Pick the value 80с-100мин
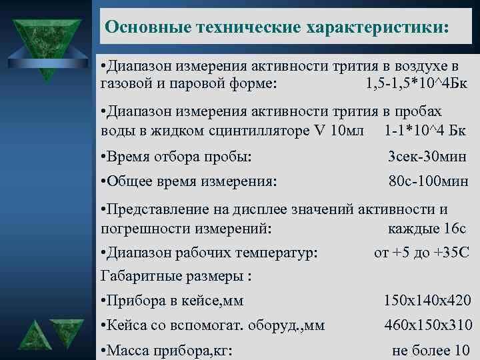(x=429, y=181)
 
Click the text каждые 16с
(x=427, y=228)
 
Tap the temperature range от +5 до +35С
(x=422, y=253)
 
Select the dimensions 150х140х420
(x=427, y=301)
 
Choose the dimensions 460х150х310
(x=427, y=326)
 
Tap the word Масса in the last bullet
(x=128, y=350)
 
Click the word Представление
(x=158, y=210)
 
